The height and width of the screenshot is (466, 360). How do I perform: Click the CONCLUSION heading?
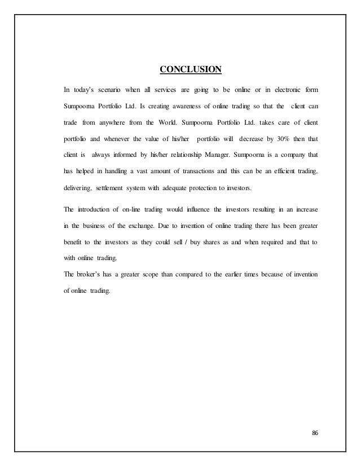(191, 70)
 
